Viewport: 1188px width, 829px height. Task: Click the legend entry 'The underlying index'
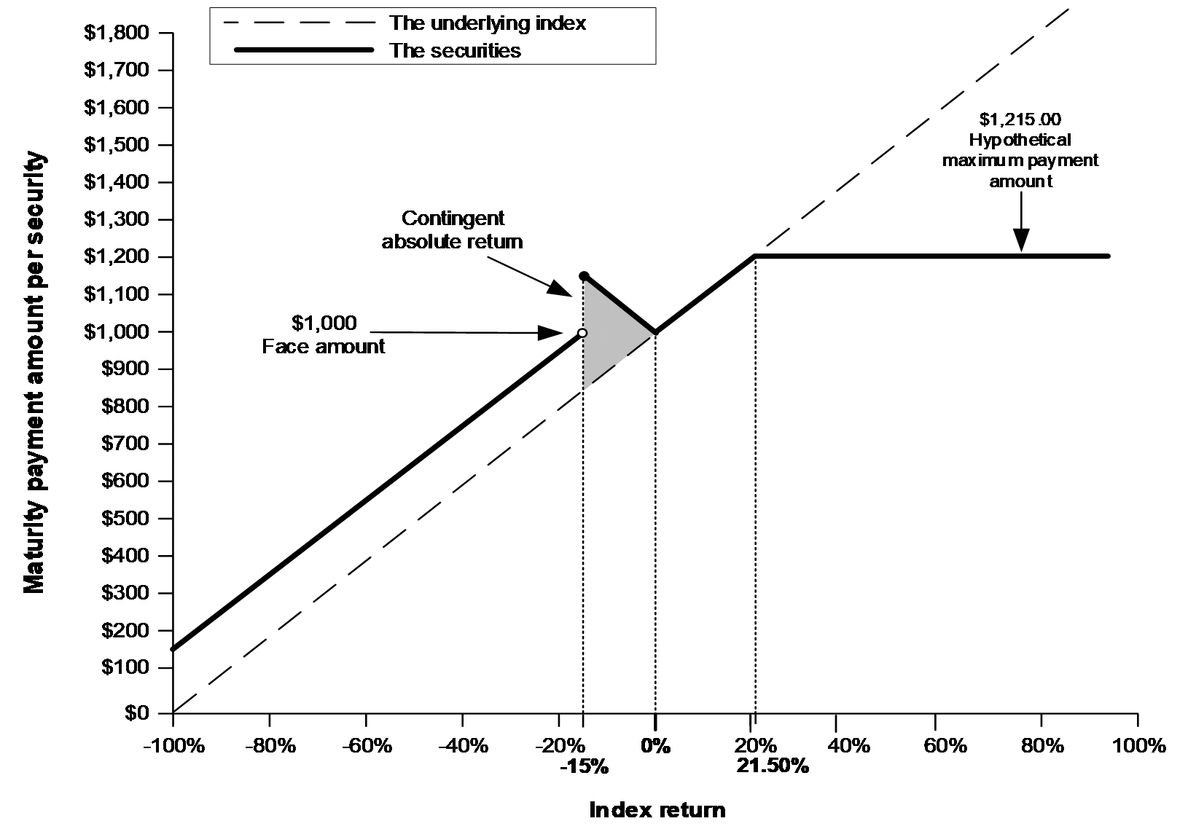tap(488, 23)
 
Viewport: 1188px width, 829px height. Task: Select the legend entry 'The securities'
tap(455, 51)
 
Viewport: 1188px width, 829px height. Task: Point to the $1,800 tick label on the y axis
tap(117, 33)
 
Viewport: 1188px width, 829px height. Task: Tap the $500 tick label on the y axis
tap(125, 518)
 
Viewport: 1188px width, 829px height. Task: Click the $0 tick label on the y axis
tap(137, 713)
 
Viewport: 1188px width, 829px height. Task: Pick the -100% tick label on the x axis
tap(173, 746)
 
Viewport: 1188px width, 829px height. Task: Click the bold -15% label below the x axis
tap(584, 766)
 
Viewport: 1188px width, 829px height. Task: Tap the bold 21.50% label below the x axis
tap(773, 766)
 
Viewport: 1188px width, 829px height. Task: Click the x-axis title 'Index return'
tap(657, 810)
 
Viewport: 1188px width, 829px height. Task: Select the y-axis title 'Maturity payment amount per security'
tap(34, 372)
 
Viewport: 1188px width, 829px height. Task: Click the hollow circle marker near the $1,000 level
tap(582, 333)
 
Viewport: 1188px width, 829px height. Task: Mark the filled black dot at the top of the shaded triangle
tap(583, 275)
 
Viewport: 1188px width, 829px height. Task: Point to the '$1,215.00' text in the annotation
tap(1020, 119)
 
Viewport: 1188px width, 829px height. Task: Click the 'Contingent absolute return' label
tap(453, 229)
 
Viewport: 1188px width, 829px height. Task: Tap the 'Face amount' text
tap(324, 347)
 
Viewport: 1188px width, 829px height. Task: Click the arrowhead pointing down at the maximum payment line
tap(1021, 240)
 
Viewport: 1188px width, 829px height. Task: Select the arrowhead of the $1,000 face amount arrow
tap(550, 333)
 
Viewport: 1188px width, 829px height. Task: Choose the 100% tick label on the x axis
tap(1138, 746)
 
